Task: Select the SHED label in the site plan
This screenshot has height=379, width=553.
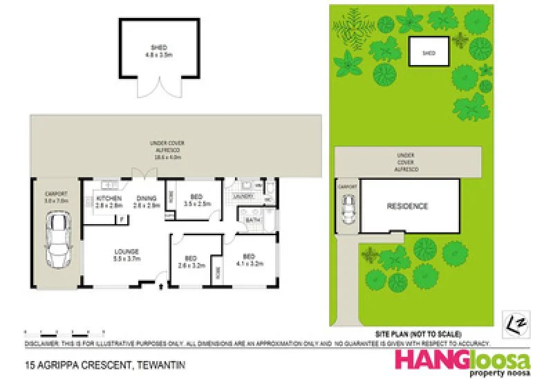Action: coord(429,53)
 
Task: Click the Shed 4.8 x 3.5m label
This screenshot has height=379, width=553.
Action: coord(160,50)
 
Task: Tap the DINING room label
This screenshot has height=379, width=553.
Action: coord(147,201)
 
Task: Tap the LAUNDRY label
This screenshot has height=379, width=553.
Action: coord(245,196)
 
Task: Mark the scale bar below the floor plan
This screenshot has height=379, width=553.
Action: coord(59,333)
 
